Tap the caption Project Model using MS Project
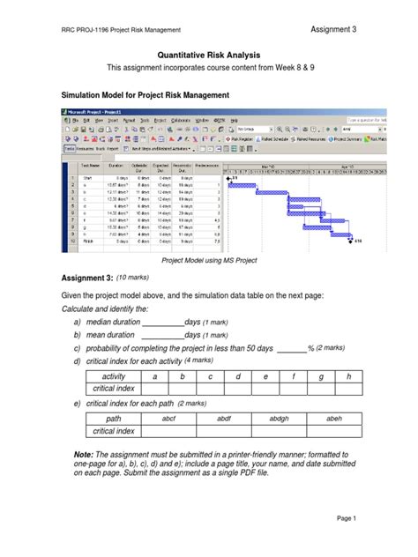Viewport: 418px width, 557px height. [x=210, y=262]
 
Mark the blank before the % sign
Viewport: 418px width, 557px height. [x=291, y=349]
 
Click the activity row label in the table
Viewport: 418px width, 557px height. [x=114, y=376]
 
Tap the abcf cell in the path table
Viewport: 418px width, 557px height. [x=170, y=419]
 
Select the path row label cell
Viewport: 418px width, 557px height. [x=113, y=419]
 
